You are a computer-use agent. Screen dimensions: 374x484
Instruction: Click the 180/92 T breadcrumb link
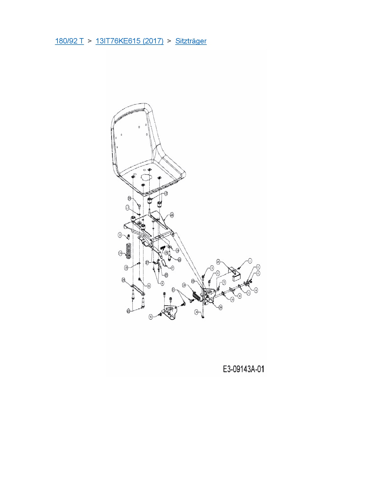(69, 41)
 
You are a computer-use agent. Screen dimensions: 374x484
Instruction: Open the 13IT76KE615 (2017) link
(129, 41)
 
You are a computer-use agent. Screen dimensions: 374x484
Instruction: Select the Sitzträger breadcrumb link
(191, 41)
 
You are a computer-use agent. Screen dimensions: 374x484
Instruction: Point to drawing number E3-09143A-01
(243, 369)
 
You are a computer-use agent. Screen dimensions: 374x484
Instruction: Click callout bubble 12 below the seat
(166, 193)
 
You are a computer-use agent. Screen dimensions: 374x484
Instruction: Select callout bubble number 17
(128, 208)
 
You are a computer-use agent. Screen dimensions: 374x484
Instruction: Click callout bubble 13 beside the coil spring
(120, 253)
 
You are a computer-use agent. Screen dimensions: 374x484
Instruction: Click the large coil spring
(128, 251)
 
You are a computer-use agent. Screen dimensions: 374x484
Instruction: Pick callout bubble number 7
(172, 268)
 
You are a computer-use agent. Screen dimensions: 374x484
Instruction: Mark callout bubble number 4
(162, 283)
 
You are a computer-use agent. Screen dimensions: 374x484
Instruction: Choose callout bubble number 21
(173, 290)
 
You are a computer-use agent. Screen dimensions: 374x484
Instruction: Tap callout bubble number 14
(184, 285)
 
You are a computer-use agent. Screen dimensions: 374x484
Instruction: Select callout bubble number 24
(218, 261)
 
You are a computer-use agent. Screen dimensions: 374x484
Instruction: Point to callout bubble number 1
(250, 260)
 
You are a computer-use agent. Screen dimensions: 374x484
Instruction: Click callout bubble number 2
(258, 273)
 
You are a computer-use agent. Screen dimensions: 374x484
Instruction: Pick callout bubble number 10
(232, 299)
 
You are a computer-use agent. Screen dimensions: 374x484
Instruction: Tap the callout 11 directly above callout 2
(258, 267)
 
